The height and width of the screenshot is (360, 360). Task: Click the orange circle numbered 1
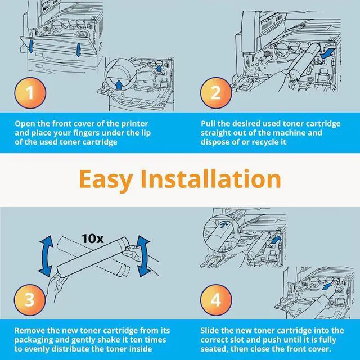click(30, 93)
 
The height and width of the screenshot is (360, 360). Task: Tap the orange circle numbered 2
click(216, 93)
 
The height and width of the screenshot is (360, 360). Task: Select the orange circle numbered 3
click(30, 300)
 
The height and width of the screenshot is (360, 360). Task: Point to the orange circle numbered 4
click(216, 300)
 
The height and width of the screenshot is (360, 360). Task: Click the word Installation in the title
click(211, 178)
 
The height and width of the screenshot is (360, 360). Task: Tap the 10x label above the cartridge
click(93, 238)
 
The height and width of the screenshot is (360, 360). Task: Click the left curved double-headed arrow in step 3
click(46, 255)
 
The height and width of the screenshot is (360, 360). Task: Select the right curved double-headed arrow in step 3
click(143, 256)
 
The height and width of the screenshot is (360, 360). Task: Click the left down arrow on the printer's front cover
click(31, 46)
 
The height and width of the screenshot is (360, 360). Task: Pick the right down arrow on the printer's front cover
click(78, 50)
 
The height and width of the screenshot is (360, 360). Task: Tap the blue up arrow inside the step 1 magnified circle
click(119, 84)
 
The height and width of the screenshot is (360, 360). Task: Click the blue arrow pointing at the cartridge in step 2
click(326, 53)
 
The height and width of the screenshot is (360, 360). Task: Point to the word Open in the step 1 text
click(25, 124)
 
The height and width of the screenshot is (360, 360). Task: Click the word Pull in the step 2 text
click(208, 124)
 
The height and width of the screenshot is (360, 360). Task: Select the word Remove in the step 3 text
click(30, 331)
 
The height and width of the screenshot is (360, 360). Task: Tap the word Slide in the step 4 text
click(210, 331)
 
